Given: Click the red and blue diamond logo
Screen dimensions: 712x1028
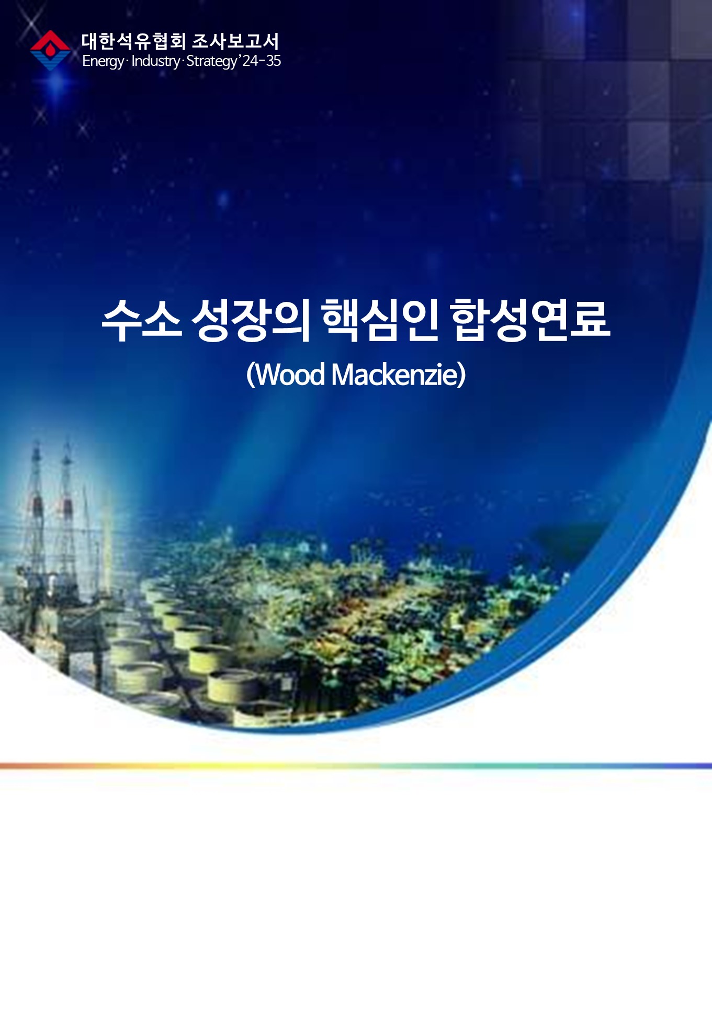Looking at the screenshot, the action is [50, 50].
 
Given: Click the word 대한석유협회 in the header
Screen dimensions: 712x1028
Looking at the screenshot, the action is [134, 41].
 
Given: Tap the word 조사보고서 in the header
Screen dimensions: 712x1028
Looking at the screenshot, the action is [236, 41].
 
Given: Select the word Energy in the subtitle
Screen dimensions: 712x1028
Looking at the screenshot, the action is [103, 61].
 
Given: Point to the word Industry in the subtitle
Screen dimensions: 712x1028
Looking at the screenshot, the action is [155, 61].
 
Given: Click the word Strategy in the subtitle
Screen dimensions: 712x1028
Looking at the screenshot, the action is [212, 61].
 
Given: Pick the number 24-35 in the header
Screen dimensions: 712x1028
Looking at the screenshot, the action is [262, 61].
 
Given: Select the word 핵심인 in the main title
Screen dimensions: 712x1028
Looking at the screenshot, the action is [380, 320].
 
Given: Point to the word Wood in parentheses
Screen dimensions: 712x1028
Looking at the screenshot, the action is [290, 375].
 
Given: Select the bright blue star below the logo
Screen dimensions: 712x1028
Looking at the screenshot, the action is [58, 84].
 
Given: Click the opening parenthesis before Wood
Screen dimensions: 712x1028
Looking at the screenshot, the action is [251, 375].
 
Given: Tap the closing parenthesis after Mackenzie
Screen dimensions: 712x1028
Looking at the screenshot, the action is [461, 375].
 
